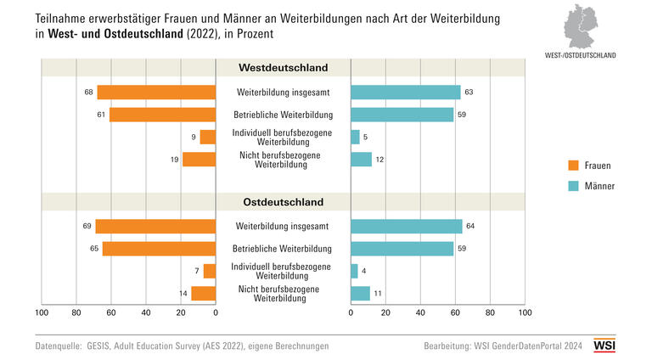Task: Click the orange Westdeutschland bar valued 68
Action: (156, 92)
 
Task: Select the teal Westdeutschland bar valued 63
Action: (405, 92)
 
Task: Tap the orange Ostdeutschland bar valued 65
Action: (159, 249)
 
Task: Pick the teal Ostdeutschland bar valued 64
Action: (406, 227)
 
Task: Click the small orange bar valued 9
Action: (208, 137)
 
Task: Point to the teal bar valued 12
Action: (361, 159)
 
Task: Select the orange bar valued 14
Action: (203, 293)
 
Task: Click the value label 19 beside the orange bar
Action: (174, 159)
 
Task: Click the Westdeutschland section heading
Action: (283, 68)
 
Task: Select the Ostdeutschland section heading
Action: (283, 203)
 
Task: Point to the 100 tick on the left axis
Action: (41, 313)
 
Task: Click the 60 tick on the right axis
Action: (455, 313)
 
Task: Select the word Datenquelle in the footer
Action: (58, 346)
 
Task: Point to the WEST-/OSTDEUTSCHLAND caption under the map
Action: (582, 55)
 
